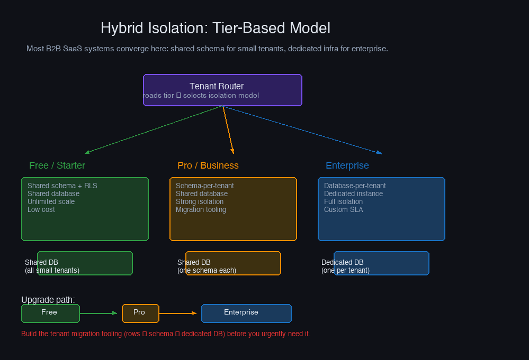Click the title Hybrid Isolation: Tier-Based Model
point(215,28)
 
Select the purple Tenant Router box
point(222,90)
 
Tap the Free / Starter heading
point(57,165)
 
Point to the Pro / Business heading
point(208,165)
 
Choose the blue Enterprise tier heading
point(347,165)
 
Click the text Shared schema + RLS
point(62,186)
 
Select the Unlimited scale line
point(51,201)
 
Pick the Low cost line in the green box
point(41,209)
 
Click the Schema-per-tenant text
point(205,186)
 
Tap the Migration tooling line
point(201,209)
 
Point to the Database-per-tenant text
point(355,186)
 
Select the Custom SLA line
point(344,209)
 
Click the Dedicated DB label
point(343,262)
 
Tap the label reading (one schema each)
point(207,270)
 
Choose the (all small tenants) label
point(52,270)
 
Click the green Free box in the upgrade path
point(50,313)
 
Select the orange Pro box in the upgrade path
point(140,313)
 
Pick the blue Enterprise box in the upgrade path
point(246,313)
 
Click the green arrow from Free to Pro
point(98,313)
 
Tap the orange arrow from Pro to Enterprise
point(178,313)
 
